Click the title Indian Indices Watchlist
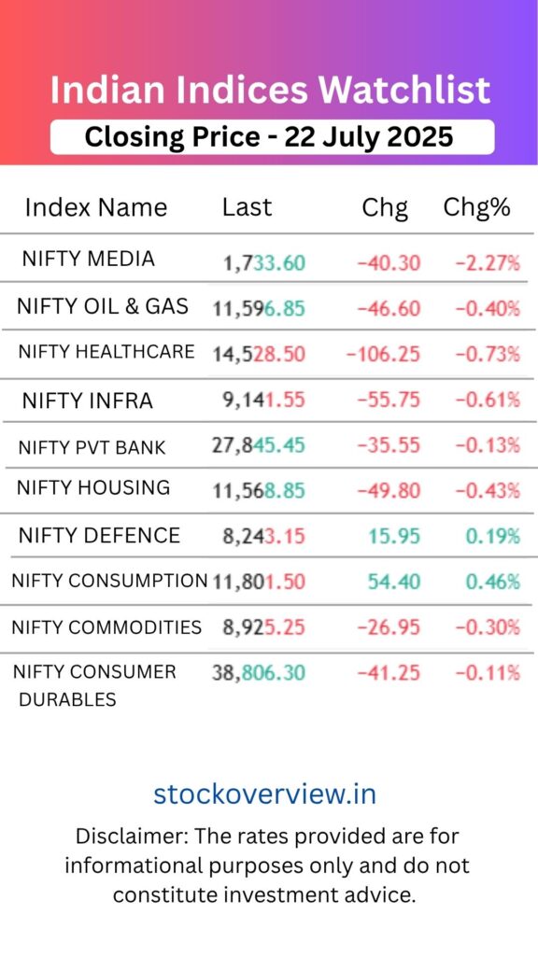269,91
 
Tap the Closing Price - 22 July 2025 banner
269,137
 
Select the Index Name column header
95,207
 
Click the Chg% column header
476,207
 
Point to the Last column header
247,207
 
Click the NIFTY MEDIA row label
88,259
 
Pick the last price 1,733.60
264,263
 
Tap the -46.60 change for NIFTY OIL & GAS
389,308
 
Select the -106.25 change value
383,354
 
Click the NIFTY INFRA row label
87,401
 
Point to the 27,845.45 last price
259,445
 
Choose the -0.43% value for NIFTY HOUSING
487,490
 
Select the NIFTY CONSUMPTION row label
109,581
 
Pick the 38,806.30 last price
259,672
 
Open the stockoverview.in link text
265,794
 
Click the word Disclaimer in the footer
127,836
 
